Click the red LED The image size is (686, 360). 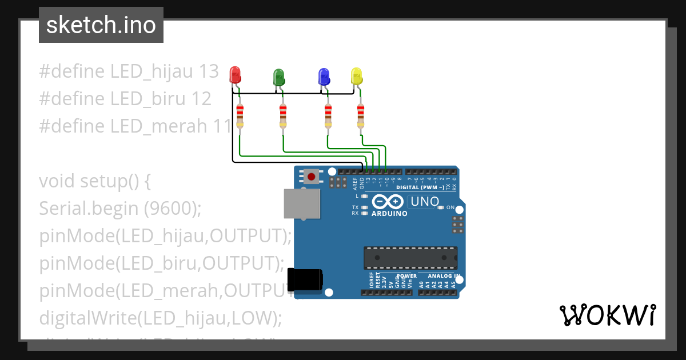coord(235,75)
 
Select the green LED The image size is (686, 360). coord(279,77)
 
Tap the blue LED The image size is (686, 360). coord(324,76)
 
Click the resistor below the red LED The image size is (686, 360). coord(240,116)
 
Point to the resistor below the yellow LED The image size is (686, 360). coord(361,116)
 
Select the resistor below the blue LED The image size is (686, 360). coord(328,116)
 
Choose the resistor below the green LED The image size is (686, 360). coord(283,116)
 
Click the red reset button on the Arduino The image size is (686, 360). coord(311,177)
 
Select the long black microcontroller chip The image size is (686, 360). coord(410,258)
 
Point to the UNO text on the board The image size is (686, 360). coord(425,202)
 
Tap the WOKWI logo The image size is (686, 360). coord(607,315)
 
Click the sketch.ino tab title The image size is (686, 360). coord(101,25)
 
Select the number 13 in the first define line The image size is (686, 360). coord(209,71)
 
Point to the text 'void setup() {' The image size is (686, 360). coord(95,181)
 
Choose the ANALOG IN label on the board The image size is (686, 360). coord(445,276)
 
